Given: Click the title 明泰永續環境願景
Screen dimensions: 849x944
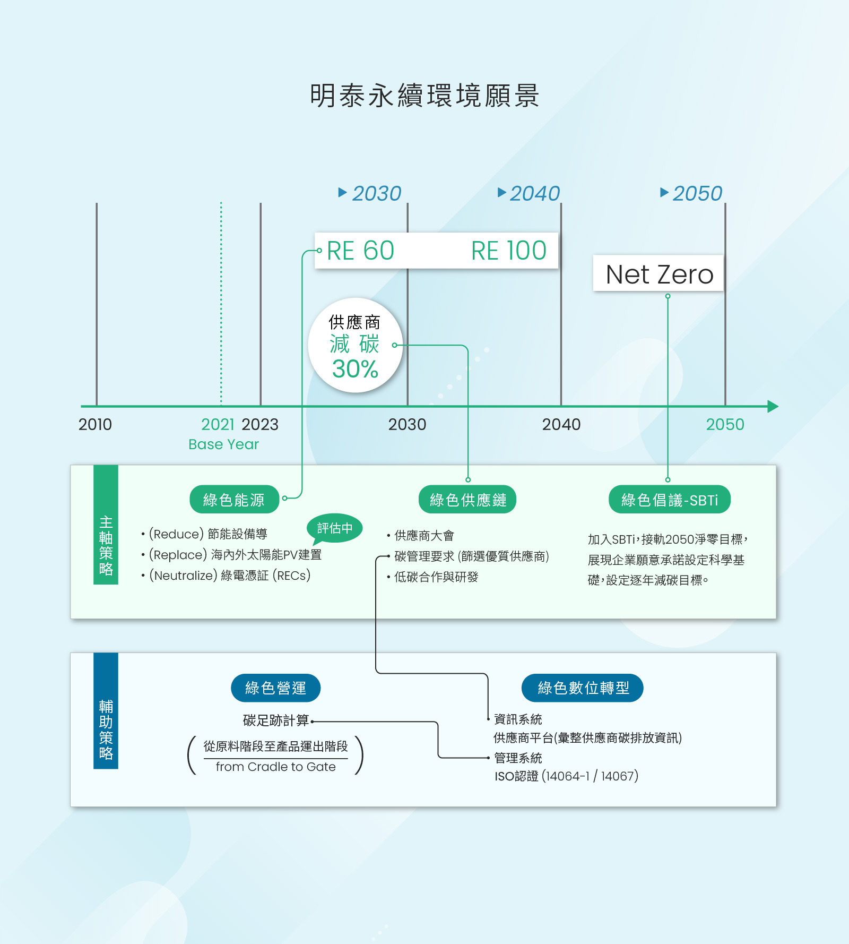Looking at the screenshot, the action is (424, 96).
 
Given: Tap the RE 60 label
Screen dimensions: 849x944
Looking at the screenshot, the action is (361, 251).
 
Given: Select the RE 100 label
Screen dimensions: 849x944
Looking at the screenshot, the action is (509, 251).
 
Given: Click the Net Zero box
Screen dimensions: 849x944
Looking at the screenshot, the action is (659, 273).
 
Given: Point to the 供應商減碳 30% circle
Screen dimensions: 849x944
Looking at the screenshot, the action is (356, 345).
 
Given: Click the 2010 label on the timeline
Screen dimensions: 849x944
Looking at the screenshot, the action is (95, 424).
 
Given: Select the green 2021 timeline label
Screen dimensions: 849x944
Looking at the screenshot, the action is (218, 424).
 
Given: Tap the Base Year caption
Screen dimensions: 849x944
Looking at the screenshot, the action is (223, 444).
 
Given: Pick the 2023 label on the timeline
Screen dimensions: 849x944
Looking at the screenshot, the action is (260, 424).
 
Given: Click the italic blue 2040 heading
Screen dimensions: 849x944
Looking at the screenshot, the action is (535, 193).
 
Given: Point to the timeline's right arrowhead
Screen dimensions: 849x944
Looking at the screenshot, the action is (773, 407).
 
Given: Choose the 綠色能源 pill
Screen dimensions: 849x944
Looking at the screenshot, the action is (234, 500).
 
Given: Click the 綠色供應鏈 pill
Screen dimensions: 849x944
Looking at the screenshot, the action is (467, 500).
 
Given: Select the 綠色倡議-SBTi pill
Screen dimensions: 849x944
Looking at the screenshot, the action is (670, 500).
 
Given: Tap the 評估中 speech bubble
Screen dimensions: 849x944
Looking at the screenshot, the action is (335, 529).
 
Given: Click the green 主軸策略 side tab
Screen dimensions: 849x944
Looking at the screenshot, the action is (106, 525).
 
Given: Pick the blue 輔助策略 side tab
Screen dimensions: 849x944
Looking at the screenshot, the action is (106, 710).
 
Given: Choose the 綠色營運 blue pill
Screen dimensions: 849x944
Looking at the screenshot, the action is (276, 688).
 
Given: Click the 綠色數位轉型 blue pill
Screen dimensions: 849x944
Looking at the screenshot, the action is (583, 688).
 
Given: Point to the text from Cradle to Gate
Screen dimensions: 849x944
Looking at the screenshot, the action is (275, 767).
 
